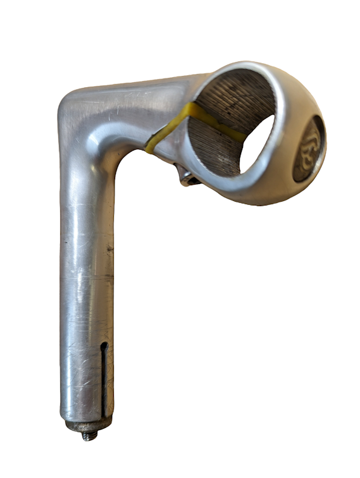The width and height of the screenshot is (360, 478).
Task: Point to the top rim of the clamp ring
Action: pos(253,66)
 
